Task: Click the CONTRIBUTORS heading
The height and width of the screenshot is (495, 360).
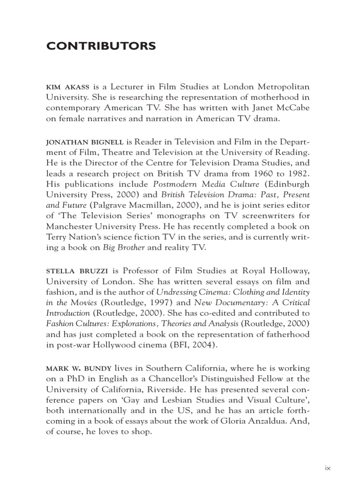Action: coord(101,46)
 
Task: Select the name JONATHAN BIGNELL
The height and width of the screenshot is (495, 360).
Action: coord(85,142)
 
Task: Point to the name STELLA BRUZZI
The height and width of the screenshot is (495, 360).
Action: coord(77,271)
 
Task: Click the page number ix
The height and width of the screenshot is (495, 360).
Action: coord(327,468)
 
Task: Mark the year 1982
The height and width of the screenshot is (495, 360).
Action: coord(299,174)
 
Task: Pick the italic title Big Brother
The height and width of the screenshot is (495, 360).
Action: coord(124,248)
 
